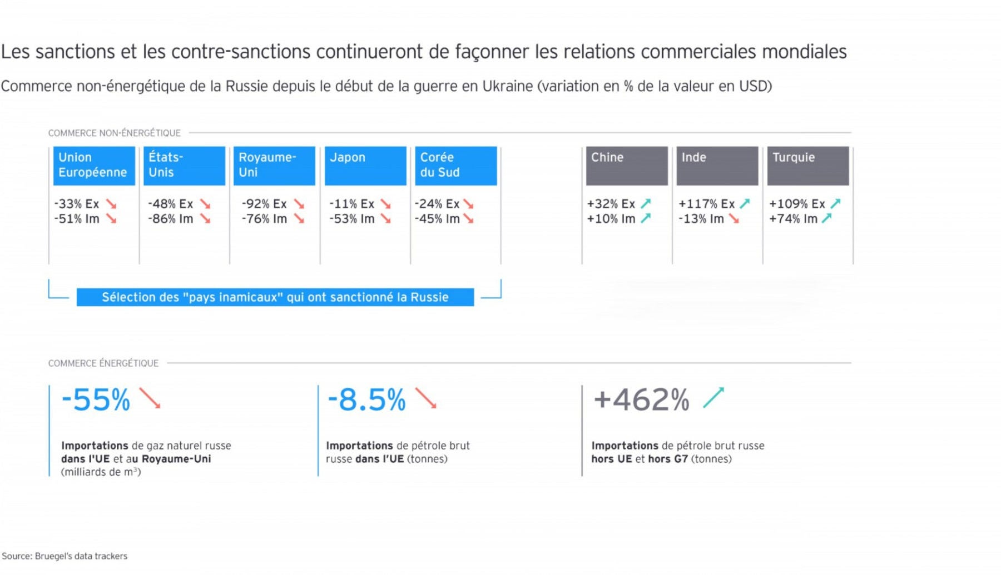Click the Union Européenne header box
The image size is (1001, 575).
94,166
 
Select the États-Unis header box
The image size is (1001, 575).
184,166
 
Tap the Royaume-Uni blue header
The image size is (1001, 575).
274,166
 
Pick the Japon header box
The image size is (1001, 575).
365,166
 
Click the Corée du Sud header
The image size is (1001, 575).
455,166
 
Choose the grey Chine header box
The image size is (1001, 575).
627,166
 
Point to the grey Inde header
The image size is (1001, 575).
717,166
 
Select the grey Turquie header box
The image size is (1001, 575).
808,166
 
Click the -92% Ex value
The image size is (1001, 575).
264,204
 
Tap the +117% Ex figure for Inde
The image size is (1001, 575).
706,204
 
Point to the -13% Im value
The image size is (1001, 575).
701,219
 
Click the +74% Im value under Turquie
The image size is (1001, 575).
793,219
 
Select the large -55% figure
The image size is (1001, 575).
96,400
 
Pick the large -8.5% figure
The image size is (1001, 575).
366,400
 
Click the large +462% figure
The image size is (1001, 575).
641,400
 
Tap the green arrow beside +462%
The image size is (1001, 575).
713,398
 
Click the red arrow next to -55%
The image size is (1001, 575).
150,398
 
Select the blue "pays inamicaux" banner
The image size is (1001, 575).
275,297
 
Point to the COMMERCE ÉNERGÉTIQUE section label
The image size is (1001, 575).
103,363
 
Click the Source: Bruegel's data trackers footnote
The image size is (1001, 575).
65,556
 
